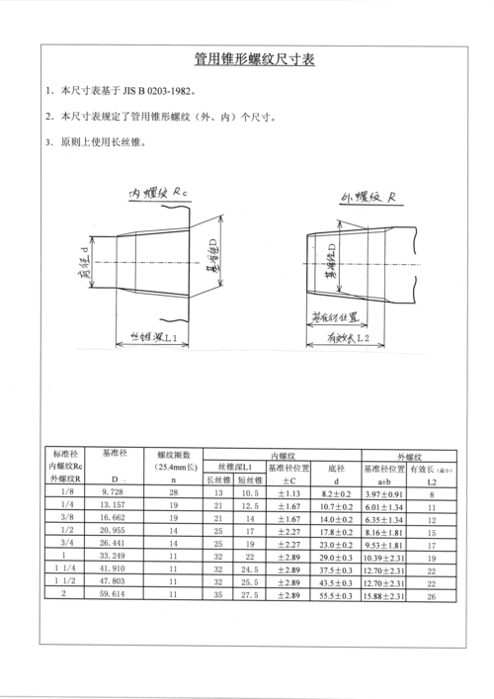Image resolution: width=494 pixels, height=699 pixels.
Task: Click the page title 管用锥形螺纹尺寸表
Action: click(247, 59)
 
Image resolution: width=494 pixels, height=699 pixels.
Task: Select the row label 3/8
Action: click(66, 517)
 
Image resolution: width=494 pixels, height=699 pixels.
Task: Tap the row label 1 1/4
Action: click(66, 570)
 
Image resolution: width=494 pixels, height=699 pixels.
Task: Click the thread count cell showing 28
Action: click(173, 491)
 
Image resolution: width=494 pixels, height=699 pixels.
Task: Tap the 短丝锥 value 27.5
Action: click(248, 596)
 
